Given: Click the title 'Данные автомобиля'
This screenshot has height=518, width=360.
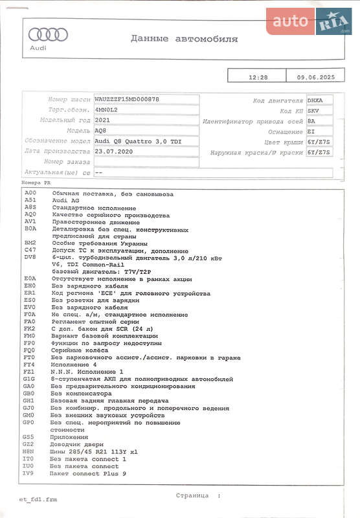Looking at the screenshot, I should coord(184,39).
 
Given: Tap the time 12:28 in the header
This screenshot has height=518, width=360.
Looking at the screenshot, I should coord(258,77).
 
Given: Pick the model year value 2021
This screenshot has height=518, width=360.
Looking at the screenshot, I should coord(102,120).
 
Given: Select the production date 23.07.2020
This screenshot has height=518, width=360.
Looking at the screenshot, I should coord(113,151).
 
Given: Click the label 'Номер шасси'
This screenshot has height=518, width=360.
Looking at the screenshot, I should coord(69,100).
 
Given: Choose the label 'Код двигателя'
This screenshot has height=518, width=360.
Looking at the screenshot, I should coord(278,100).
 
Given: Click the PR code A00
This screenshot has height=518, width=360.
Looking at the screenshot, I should coord(30,194).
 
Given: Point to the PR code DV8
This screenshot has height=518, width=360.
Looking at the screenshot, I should coord(30,257).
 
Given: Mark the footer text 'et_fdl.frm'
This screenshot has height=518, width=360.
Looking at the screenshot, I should coord(38,499).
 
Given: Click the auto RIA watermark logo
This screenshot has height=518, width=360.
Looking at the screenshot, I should coord(310,21).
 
